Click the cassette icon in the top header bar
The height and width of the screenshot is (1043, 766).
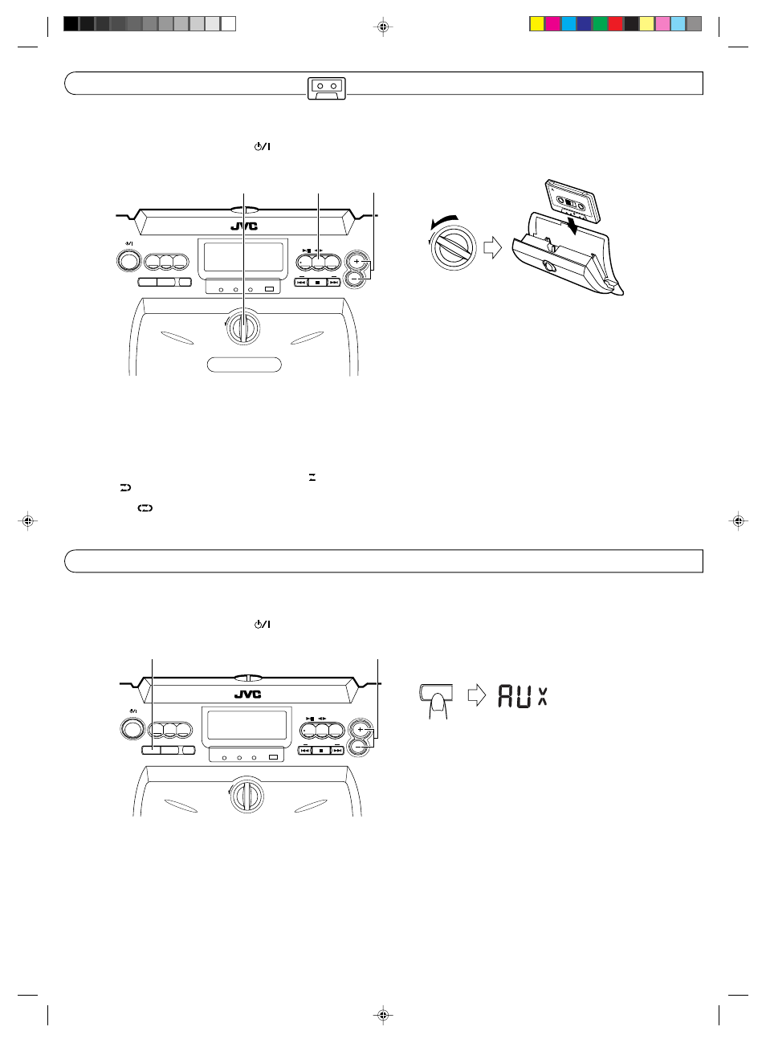326,88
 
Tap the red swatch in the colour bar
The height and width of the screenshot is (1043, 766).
615,24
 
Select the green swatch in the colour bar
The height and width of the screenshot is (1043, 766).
600,24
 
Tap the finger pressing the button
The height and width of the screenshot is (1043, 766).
438,704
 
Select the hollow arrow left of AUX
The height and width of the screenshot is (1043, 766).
477,695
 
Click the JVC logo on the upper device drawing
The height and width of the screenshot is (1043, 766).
244,226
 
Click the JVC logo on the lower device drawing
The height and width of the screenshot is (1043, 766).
247,695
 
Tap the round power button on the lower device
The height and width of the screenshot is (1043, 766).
132,727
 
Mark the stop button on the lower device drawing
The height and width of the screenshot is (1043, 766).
320,750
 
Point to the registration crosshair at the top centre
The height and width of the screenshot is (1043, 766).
383,26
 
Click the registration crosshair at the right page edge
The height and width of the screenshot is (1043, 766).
738,521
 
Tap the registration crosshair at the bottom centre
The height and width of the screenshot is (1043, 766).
383,1015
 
